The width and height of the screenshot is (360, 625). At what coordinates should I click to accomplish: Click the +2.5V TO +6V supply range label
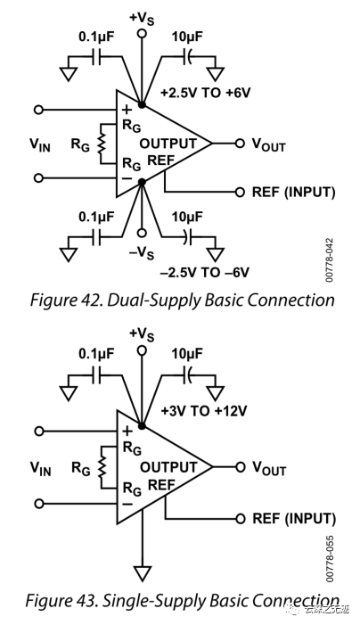[x=207, y=93]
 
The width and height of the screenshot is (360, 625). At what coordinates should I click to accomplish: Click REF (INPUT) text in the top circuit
[x=293, y=192]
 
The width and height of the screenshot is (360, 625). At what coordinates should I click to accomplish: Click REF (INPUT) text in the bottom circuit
[x=293, y=518]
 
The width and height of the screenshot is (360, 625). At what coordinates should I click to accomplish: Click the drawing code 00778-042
[x=329, y=259]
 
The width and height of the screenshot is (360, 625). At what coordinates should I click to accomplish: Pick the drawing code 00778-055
[x=329, y=558]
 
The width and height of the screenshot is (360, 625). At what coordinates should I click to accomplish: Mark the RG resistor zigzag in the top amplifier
[x=103, y=144]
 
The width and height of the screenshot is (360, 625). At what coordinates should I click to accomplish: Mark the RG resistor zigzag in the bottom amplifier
[x=103, y=466]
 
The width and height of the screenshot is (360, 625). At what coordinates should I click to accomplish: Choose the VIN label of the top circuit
[x=40, y=145]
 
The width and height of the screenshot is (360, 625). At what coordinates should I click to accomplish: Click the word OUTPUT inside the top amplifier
[x=168, y=144]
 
